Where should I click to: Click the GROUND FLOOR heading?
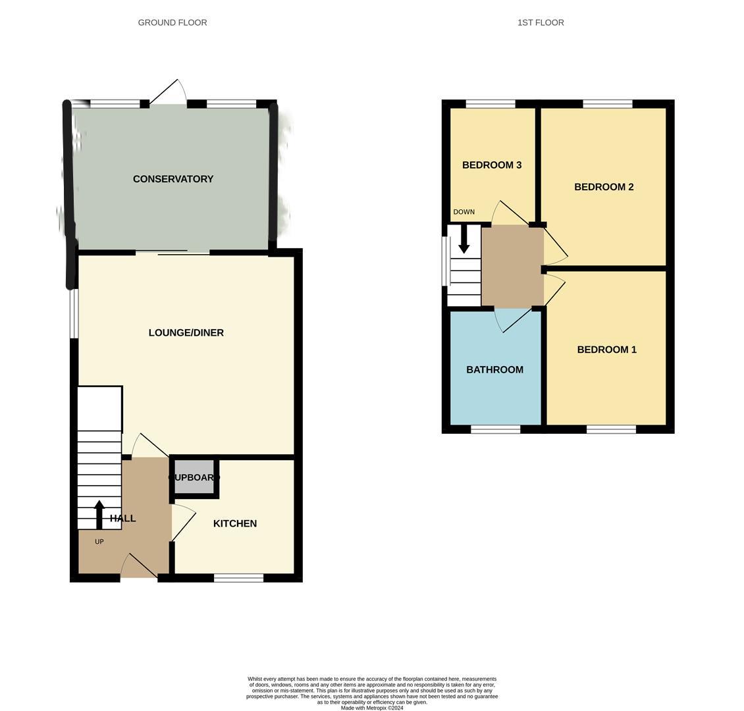pyautogui.click(x=173, y=22)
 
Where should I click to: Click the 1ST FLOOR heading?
pyautogui.click(x=541, y=22)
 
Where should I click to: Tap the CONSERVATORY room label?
pyautogui.click(x=173, y=179)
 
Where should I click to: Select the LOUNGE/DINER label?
pyautogui.click(x=186, y=333)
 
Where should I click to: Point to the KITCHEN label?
pyautogui.click(x=235, y=523)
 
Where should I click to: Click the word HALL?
pyautogui.click(x=123, y=519)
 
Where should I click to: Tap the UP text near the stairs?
pyautogui.click(x=99, y=542)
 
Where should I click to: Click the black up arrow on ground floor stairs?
pyautogui.click(x=99, y=514)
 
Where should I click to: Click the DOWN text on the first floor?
pyautogui.click(x=464, y=212)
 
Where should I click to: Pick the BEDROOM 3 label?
pyautogui.click(x=492, y=165)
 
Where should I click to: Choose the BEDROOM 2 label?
pyautogui.click(x=604, y=187)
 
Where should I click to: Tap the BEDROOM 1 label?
pyautogui.click(x=606, y=350)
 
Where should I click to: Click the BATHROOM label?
pyautogui.click(x=495, y=370)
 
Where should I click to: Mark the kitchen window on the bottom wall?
pyautogui.click(x=238, y=578)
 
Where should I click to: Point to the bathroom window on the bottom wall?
pyautogui.click(x=496, y=429)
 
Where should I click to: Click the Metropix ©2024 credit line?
pyautogui.click(x=372, y=708)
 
